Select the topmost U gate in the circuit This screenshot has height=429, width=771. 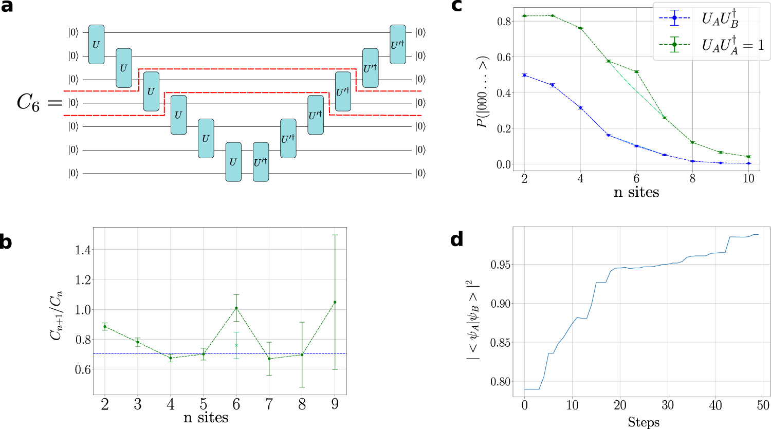point(96,44)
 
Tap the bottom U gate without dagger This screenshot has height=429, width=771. point(233,162)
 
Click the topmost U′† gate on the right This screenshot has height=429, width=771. point(397,44)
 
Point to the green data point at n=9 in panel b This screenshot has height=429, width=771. point(335,302)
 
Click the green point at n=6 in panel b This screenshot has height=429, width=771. point(236,308)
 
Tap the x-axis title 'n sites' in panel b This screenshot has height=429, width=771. point(206,417)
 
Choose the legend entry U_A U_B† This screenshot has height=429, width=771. point(720,18)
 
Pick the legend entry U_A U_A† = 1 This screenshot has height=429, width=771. point(732,45)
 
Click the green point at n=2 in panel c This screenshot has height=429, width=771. point(524,16)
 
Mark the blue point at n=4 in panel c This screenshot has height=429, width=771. point(580,108)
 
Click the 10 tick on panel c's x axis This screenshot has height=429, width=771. point(748,178)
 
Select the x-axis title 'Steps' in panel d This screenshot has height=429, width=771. point(644,422)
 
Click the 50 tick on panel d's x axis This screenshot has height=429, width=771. point(763,405)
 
